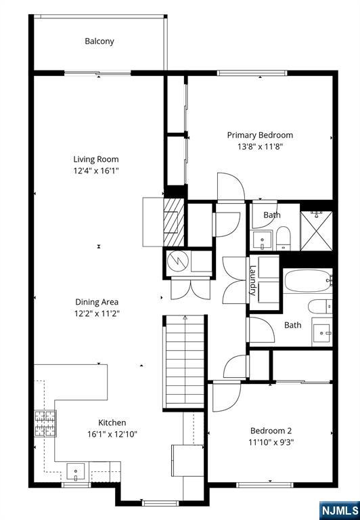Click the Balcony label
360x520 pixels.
pos(99,41)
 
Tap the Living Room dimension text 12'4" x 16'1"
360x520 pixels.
pos(96,171)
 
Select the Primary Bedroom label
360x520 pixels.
pos(260,135)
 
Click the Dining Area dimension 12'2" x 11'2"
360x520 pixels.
pos(97,313)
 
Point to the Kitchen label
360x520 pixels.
pos(112,422)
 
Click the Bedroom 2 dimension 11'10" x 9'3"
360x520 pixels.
pos(271,442)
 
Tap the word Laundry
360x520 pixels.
pos(253,280)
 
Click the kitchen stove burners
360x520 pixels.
pos(45,423)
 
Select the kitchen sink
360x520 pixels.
pos(76,471)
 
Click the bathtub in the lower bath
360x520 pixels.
pos(307,280)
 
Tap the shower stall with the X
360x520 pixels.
pos(316,231)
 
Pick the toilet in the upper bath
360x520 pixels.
pos(284,238)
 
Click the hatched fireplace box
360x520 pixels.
pos(174,222)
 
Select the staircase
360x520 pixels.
pos(184,362)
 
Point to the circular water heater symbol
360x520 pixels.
pos(178,261)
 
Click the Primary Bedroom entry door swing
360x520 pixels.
pos(231,186)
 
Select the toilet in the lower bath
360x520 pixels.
pos(320,307)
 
